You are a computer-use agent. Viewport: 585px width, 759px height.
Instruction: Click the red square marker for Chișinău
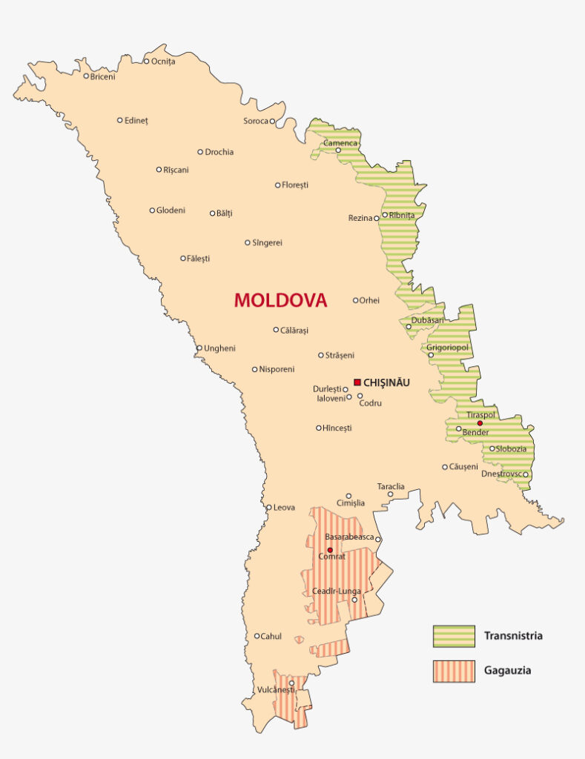(x=357, y=382)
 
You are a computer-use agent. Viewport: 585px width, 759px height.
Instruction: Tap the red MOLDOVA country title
(x=280, y=300)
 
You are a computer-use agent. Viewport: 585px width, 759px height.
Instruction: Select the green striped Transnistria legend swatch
(x=454, y=636)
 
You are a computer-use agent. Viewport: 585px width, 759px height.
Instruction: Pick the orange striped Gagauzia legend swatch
(x=454, y=671)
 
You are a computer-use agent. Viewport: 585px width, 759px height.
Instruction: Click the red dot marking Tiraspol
(x=480, y=423)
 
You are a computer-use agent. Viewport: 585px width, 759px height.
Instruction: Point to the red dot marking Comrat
(x=330, y=550)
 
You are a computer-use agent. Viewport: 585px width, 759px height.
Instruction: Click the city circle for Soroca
(x=272, y=121)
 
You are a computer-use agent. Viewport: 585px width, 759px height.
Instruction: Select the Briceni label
(x=102, y=76)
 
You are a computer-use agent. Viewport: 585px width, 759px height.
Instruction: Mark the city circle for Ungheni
(x=199, y=348)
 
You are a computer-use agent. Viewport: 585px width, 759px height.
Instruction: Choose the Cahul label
(x=271, y=636)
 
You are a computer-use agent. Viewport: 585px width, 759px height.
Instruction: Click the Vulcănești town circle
(x=291, y=683)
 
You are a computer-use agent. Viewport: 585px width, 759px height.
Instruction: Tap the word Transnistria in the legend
(x=513, y=636)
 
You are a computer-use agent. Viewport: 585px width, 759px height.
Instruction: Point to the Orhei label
(x=369, y=300)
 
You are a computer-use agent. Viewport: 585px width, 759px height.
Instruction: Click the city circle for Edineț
(x=120, y=120)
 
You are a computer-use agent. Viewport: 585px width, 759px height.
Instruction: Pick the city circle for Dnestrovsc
(x=525, y=474)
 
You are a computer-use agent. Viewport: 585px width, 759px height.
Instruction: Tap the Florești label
(x=295, y=185)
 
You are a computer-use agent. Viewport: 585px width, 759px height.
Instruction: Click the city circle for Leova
(x=269, y=508)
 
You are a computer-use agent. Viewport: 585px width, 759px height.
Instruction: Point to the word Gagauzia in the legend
(x=508, y=671)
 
